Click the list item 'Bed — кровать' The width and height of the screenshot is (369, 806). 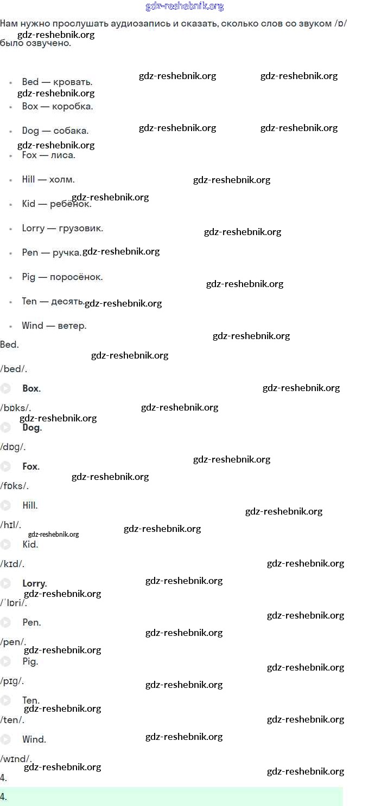57,82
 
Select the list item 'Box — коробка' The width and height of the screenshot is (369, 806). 57,106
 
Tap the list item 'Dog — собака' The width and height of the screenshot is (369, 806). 55,131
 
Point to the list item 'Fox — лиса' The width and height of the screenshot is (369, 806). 48,155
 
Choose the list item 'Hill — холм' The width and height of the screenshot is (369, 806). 48,179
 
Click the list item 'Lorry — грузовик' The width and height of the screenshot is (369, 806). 62,228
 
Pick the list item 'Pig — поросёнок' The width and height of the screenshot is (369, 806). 62,277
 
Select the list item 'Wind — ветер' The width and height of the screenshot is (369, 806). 54,326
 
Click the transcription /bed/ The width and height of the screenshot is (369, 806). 14,369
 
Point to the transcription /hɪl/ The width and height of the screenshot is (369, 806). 11,525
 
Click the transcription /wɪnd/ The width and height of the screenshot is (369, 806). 16,759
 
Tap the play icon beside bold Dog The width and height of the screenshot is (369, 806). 5,427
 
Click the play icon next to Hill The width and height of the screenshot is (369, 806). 5,505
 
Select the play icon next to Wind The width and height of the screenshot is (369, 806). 5,739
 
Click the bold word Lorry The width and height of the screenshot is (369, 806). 34,583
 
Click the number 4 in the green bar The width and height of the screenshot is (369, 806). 3,797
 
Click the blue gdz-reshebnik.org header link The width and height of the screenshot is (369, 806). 184,6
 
